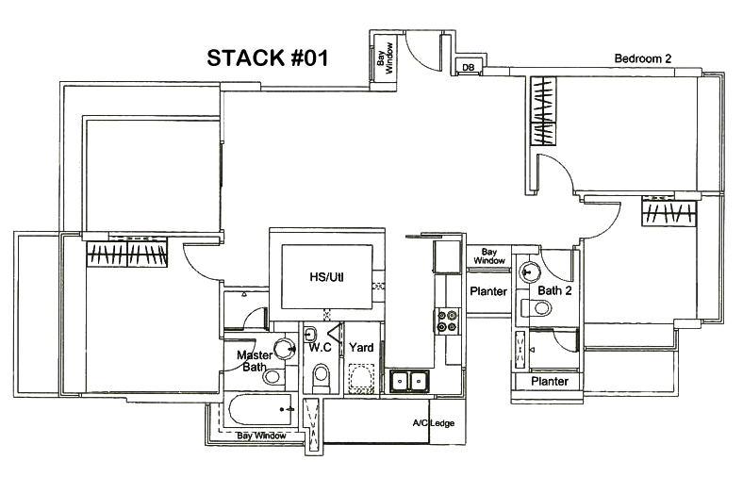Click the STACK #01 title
267,58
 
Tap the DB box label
468,67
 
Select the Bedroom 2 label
642,58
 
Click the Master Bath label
254,361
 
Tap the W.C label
320,348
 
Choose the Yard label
361,348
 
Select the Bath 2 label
554,290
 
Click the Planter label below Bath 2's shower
549,382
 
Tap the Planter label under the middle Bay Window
488,291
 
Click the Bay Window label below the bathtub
262,436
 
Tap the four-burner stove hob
446,321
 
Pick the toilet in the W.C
320,375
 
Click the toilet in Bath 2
530,307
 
